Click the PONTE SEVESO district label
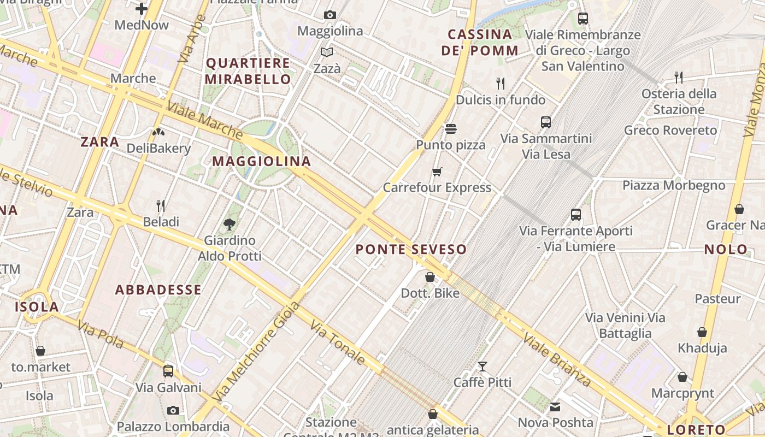pos(411,250)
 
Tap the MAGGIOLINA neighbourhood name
pos(261,161)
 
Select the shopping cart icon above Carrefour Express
pos(437,172)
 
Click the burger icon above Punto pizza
pos(451,129)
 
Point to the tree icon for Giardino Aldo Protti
pos(230,223)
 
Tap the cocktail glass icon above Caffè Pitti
pos(482,366)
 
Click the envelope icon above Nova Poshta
pos(555,406)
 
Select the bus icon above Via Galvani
pos(168,371)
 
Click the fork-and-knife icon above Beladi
pos(161,206)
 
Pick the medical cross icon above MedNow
pos(142,9)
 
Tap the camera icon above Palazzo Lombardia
pos(173,410)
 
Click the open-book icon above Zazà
pos(327,52)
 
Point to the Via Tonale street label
pos(338,342)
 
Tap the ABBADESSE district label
pos(158,290)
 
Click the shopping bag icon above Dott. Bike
pos(430,277)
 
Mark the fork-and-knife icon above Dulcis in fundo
pos(501,83)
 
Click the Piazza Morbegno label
pos(674,185)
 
